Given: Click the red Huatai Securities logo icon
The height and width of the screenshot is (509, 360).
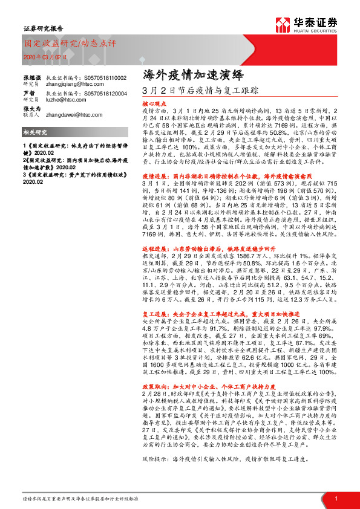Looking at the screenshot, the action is point(282,24).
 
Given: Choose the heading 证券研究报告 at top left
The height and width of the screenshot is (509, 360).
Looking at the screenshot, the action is point(38,28).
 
